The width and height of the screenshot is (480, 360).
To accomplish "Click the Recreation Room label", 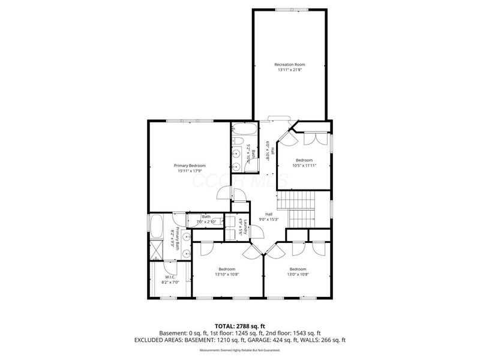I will pyautogui.click(x=290, y=64).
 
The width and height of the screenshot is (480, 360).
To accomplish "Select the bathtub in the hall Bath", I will pyautogui.click(x=244, y=130).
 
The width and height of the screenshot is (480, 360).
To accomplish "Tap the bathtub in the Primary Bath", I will pyautogui.click(x=157, y=227).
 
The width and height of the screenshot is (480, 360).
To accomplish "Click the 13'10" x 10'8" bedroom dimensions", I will pyautogui.click(x=227, y=274).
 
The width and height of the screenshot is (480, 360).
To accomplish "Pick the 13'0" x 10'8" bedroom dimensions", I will pyautogui.click(x=298, y=274).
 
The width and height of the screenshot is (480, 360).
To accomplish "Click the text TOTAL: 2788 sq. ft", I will pyautogui.click(x=240, y=325).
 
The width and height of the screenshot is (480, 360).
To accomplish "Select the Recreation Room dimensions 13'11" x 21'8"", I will pyautogui.click(x=290, y=70).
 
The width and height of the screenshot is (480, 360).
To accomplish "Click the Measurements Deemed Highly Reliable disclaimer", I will pyautogui.click(x=240, y=350).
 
